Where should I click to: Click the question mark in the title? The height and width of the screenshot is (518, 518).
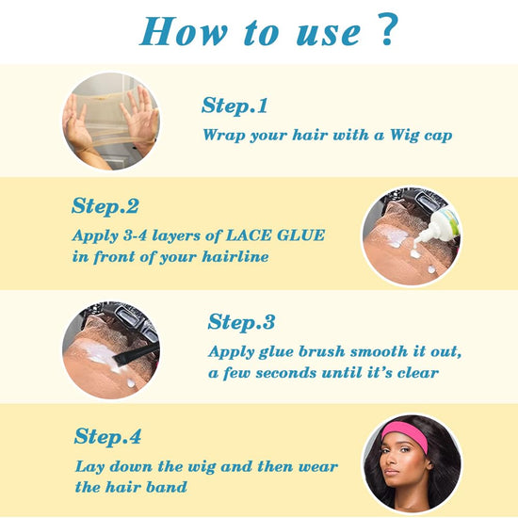(x=384, y=31)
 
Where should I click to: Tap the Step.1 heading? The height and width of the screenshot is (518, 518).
(x=235, y=105)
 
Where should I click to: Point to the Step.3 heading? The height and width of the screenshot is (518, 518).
(x=241, y=322)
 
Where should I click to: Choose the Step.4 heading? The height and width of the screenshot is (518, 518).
(x=108, y=437)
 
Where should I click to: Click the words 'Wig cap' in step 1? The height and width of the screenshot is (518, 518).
(x=415, y=135)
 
